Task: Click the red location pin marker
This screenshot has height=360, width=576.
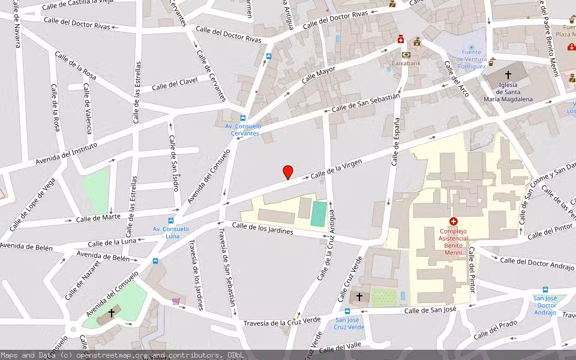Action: coord(288,172)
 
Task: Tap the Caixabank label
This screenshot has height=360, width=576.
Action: coord(407,63)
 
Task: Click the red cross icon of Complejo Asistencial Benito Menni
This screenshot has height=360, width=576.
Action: coord(453,221)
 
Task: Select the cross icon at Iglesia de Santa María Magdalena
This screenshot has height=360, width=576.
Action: coord(508,75)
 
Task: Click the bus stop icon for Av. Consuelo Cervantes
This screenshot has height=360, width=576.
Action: coord(243,118)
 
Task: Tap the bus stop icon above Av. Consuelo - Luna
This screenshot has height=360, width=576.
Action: coord(171,221)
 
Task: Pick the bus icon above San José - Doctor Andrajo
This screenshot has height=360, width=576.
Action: coord(545,289)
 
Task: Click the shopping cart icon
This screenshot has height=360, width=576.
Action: coord(176,301)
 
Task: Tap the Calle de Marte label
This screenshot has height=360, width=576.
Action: coord(94,218)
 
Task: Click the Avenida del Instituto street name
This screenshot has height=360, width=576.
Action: coord(66,154)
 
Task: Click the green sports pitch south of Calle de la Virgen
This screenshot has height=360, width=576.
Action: coord(319,214)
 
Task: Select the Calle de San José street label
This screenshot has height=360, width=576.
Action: coord(430,310)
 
